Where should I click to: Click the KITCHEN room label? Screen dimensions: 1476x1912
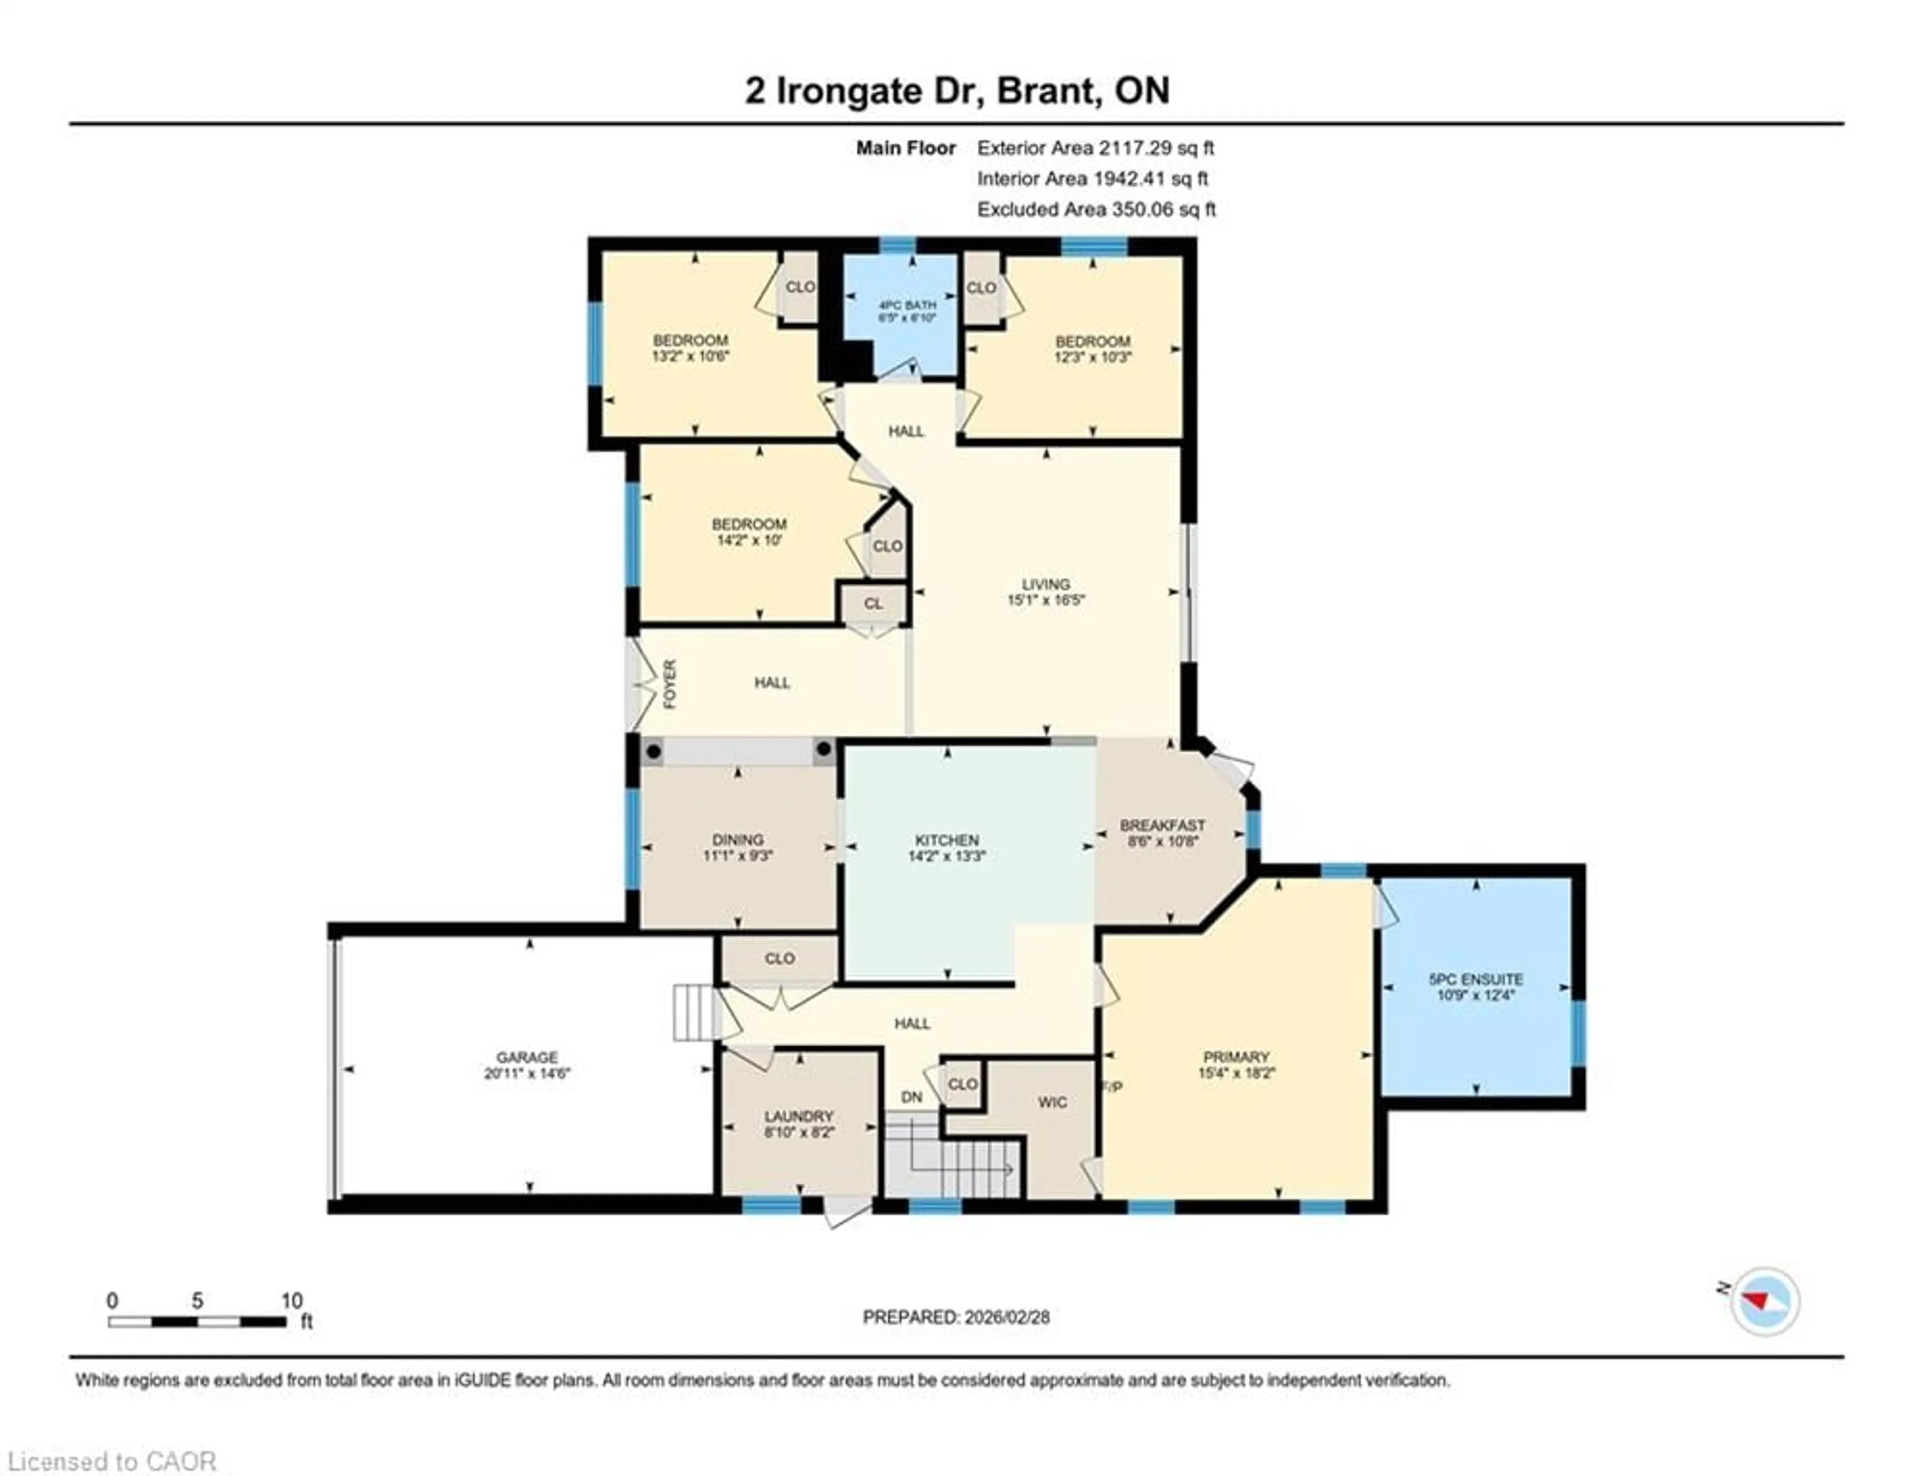(x=947, y=840)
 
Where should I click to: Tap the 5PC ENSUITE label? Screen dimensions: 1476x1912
(x=1476, y=979)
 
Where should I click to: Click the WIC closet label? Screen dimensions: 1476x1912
(x=1052, y=1102)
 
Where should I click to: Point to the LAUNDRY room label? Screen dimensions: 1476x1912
(x=799, y=1116)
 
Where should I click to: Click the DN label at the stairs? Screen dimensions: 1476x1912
(x=911, y=1097)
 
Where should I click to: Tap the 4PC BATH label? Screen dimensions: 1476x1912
(x=908, y=305)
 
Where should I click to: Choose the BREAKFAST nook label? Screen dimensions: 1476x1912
(x=1163, y=825)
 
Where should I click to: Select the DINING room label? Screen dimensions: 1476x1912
(x=738, y=839)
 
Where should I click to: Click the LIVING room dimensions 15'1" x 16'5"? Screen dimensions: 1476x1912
(x=1046, y=601)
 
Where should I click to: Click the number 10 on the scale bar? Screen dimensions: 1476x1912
(x=291, y=1301)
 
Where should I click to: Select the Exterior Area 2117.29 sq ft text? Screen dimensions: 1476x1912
(x=1095, y=148)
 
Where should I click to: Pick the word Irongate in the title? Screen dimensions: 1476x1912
(x=849, y=91)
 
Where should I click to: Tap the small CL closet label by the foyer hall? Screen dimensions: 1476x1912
(x=873, y=603)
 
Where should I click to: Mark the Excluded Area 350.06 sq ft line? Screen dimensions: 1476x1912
(x=1096, y=209)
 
